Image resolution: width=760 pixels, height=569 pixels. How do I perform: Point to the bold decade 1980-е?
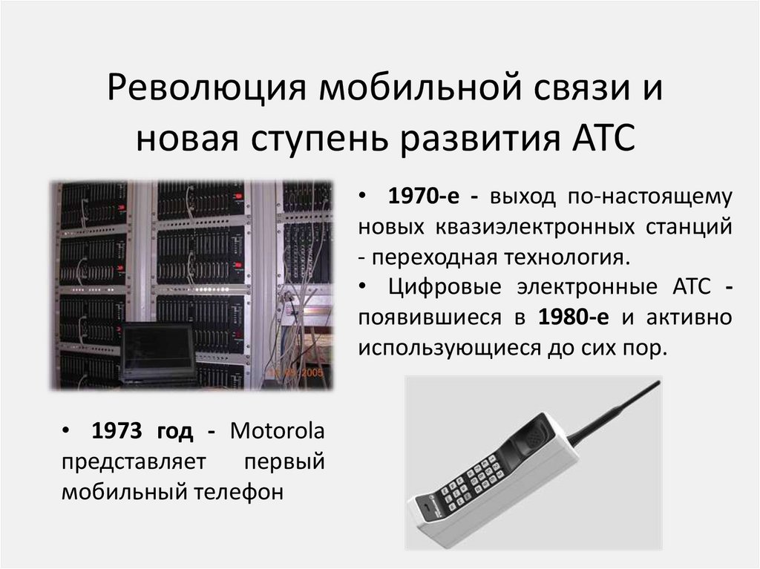pyautogui.click(x=575, y=317)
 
